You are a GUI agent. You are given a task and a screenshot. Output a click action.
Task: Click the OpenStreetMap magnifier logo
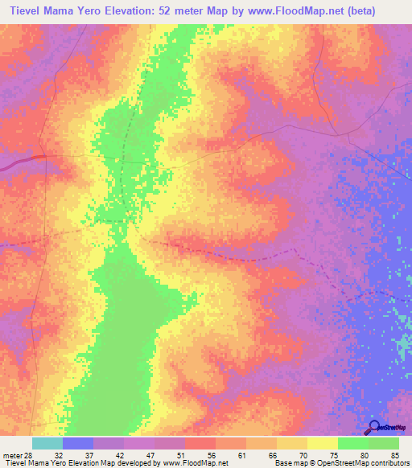tap(375, 428)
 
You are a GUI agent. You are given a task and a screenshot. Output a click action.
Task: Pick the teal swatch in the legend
tap(47, 443)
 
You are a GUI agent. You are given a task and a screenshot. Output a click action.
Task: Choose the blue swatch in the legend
tap(78, 443)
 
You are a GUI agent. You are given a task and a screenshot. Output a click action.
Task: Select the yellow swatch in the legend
tap(323, 443)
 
